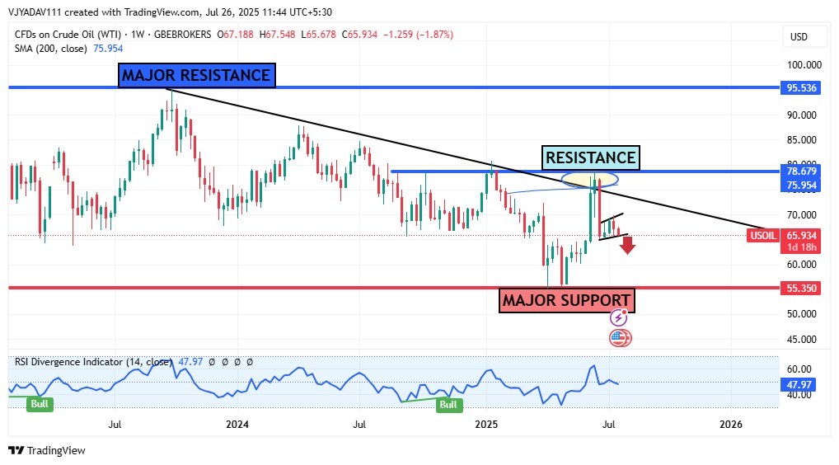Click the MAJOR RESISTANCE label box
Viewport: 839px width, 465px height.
196,76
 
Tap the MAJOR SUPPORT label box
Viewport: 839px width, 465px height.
567,301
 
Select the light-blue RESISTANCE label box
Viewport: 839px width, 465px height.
591,157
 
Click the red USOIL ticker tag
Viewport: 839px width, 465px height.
762,236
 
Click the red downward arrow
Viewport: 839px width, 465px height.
628,245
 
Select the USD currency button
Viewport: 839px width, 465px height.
799,37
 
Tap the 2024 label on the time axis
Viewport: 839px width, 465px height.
237,425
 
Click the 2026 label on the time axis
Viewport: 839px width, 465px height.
730,425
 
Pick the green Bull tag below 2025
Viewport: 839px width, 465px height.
448,405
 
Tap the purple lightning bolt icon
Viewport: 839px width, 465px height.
620,318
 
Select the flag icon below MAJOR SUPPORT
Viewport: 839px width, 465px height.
620,337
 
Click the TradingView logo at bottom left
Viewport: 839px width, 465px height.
47,451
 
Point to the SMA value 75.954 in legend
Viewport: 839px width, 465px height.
110,49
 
